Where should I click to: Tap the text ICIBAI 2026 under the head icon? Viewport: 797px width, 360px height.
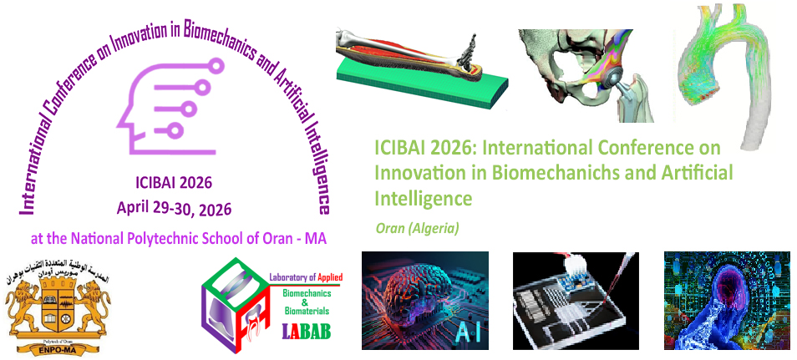[173, 184]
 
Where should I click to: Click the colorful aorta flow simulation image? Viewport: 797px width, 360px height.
[727, 67]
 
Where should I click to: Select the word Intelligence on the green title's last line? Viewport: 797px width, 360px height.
[424, 200]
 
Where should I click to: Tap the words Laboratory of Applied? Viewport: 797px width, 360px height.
[306, 278]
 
